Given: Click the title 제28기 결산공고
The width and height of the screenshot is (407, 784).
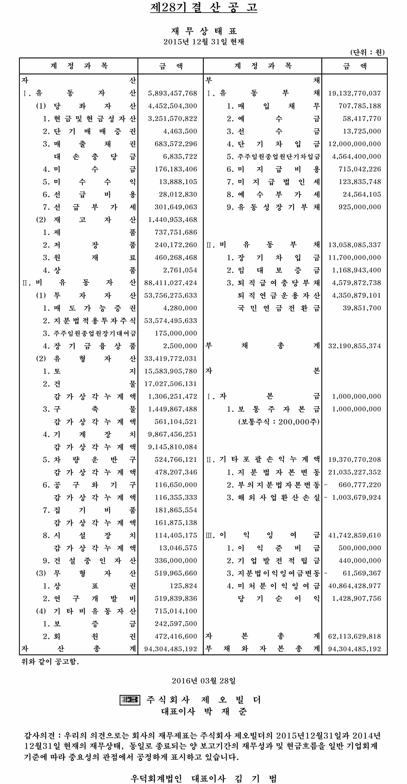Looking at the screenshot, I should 203,7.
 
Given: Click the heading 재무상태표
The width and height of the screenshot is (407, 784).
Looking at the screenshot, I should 203,31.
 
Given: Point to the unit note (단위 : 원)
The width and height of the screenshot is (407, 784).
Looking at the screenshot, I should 367,52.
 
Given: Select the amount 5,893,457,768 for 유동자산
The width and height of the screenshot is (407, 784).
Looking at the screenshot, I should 173,93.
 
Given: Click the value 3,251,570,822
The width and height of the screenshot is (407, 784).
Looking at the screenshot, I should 173,118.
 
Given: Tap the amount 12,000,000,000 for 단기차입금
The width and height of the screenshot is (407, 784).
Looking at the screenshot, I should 354,144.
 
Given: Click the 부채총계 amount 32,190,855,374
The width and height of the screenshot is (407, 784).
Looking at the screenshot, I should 354,346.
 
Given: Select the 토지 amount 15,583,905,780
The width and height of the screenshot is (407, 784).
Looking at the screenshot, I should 171,371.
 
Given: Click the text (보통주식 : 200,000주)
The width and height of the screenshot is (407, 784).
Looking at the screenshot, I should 279,421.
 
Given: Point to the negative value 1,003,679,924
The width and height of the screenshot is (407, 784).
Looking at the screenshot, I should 356,497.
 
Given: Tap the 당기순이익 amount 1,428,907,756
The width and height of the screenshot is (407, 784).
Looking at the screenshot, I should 356,598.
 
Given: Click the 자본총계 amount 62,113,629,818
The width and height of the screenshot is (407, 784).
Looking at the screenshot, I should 354,636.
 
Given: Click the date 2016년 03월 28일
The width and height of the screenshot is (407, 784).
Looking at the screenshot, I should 203,681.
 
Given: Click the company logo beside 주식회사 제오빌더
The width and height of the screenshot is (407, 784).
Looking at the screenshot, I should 130,700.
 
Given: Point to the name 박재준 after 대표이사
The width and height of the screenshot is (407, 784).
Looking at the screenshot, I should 225,711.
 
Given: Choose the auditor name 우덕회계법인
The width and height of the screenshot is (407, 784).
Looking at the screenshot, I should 156,778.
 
